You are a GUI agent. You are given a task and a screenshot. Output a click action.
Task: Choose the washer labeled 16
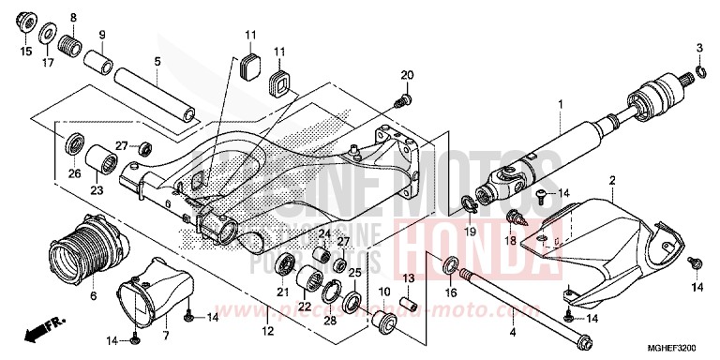pyautogui.click(x=449, y=263)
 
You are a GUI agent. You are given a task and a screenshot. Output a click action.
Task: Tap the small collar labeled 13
pyautogui.click(x=409, y=305)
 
